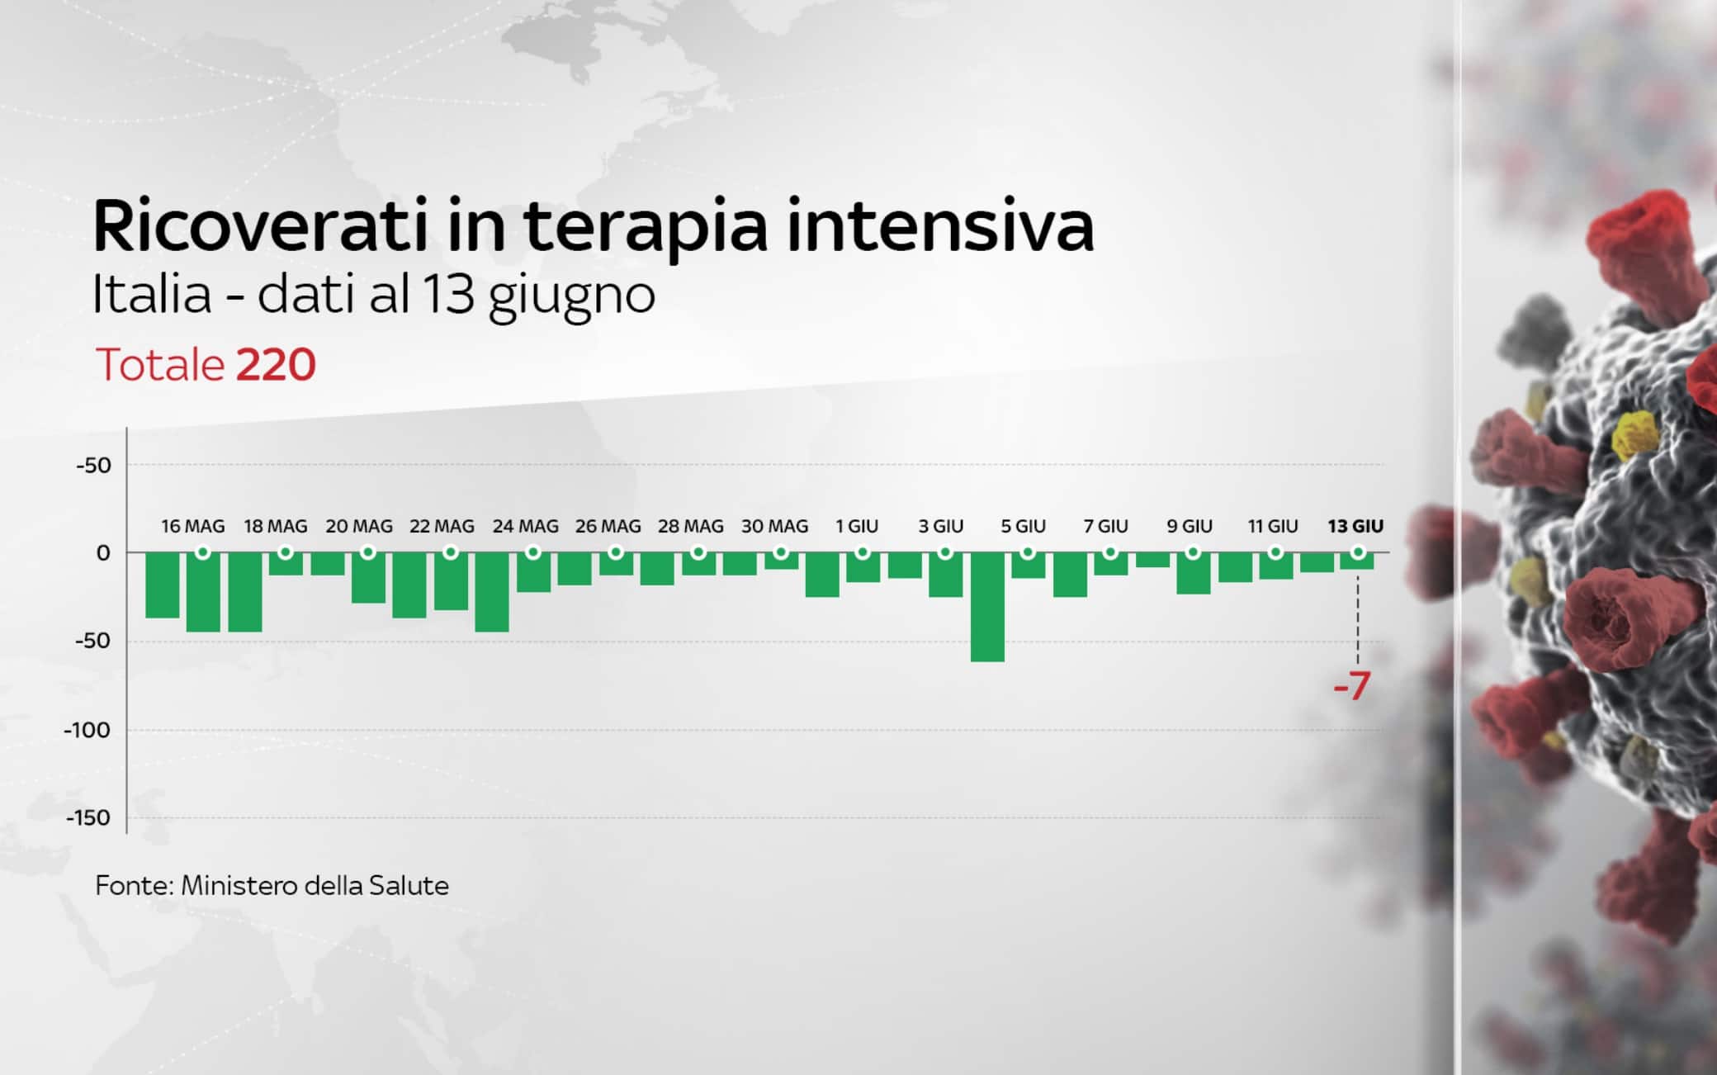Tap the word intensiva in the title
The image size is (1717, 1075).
coord(940,225)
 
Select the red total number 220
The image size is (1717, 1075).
coord(276,364)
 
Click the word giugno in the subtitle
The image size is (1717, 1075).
coord(571,296)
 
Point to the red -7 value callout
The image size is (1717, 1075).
coord(1352,685)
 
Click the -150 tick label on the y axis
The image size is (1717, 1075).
coord(88,817)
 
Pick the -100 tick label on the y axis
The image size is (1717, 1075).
coord(88,730)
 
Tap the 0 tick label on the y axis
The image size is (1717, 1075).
coord(102,553)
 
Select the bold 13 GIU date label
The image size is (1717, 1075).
coord(1355,526)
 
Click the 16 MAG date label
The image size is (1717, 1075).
coord(192,526)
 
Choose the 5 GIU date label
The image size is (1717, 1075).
coord(1023,526)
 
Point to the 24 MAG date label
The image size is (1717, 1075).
coord(525,526)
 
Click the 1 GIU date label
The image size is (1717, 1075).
coord(857,526)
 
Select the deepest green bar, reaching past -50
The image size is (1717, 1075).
coord(987,607)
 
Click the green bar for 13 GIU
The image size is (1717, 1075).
coord(1357,562)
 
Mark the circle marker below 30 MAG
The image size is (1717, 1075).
coord(781,552)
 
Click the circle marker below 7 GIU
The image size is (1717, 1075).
coord(1111,552)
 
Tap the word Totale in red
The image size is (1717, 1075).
coord(160,364)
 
